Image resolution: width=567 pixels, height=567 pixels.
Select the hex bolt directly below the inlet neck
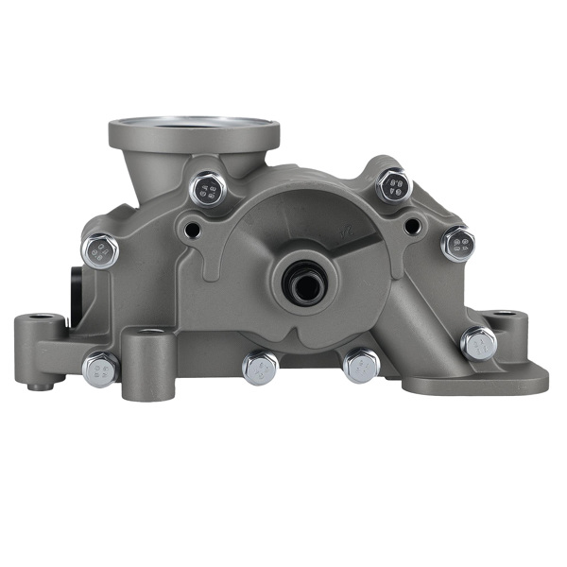point(209,190)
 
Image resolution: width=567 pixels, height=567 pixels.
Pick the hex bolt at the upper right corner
point(393,185)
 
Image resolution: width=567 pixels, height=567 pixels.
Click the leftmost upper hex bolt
point(100,251)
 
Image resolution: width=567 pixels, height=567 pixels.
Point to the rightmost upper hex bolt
point(457,245)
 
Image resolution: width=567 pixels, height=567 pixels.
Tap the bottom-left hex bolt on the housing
point(100,369)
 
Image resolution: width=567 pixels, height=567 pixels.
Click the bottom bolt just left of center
point(259,368)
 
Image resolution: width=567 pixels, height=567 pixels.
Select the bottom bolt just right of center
point(360,366)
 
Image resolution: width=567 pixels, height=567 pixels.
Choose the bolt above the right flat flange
point(478,343)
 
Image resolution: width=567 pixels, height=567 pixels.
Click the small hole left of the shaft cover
point(192,230)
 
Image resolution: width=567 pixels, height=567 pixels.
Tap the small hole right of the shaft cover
point(412,226)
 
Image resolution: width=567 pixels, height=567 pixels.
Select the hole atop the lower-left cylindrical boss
point(149,332)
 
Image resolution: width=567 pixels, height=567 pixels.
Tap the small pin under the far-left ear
point(34,385)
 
